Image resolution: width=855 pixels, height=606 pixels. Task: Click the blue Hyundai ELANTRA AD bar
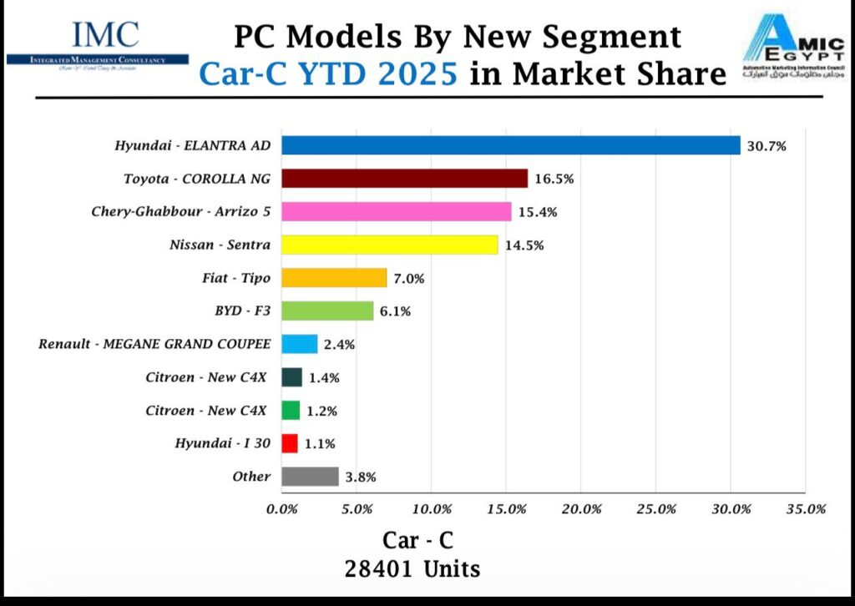pyautogui.click(x=510, y=145)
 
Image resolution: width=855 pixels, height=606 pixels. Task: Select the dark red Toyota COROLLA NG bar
pyautogui.click(x=404, y=179)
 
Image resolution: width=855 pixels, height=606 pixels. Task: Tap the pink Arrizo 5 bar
pyautogui.click(x=396, y=211)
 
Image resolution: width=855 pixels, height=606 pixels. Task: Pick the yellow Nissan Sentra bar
pyautogui.click(x=389, y=245)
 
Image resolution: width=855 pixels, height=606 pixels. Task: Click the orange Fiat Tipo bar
pyautogui.click(x=334, y=278)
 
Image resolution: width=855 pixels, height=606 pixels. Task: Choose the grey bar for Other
pyautogui.click(x=310, y=477)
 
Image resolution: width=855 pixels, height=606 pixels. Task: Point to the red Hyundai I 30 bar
pyautogui.click(x=290, y=443)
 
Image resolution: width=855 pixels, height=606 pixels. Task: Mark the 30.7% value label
pyautogui.click(x=766, y=146)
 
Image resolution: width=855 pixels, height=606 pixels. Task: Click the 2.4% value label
pyautogui.click(x=341, y=345)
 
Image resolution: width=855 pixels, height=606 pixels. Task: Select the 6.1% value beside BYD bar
pyautogui.click(x=397, y=311)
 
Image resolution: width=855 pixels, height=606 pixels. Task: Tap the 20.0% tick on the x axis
pyautogui.click(x=581, y=509)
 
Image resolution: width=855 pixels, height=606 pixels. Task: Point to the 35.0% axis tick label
pyautogui.click(x=805, y=509)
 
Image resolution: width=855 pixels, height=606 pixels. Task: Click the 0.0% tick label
pyautogui.click(x=282, y=509)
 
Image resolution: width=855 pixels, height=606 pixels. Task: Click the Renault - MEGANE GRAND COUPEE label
pyautogui.click(x=154, y=344)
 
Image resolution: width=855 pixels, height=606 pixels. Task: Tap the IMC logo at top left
pyautogui.click(x=98, y=43)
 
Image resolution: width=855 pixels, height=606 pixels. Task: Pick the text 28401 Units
pyautogui.click(x=412, y=569)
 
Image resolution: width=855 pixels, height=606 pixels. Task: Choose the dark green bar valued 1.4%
pyautogui.click(x=291, y=377)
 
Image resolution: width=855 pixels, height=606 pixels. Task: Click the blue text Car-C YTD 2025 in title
pyautogui.click(x=328, y=75)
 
